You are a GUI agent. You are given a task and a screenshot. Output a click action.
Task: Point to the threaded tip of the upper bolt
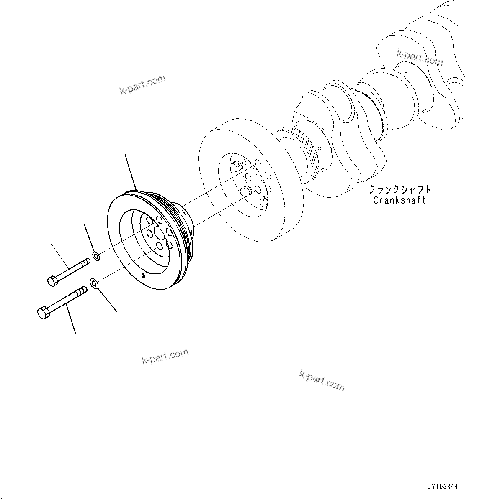click(85, 262)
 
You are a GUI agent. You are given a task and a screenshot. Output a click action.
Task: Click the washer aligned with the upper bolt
click(96, 256)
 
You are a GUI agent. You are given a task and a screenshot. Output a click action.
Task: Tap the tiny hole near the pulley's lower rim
click(144, 275)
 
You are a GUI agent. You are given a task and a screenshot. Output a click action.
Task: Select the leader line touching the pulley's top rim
click(131, 171)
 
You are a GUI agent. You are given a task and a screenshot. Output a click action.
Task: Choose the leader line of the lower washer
click(107, 299)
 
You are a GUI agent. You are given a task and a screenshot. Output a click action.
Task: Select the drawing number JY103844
click(443, 487)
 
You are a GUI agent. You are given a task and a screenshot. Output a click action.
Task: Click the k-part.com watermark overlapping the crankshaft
click(420, 58)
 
